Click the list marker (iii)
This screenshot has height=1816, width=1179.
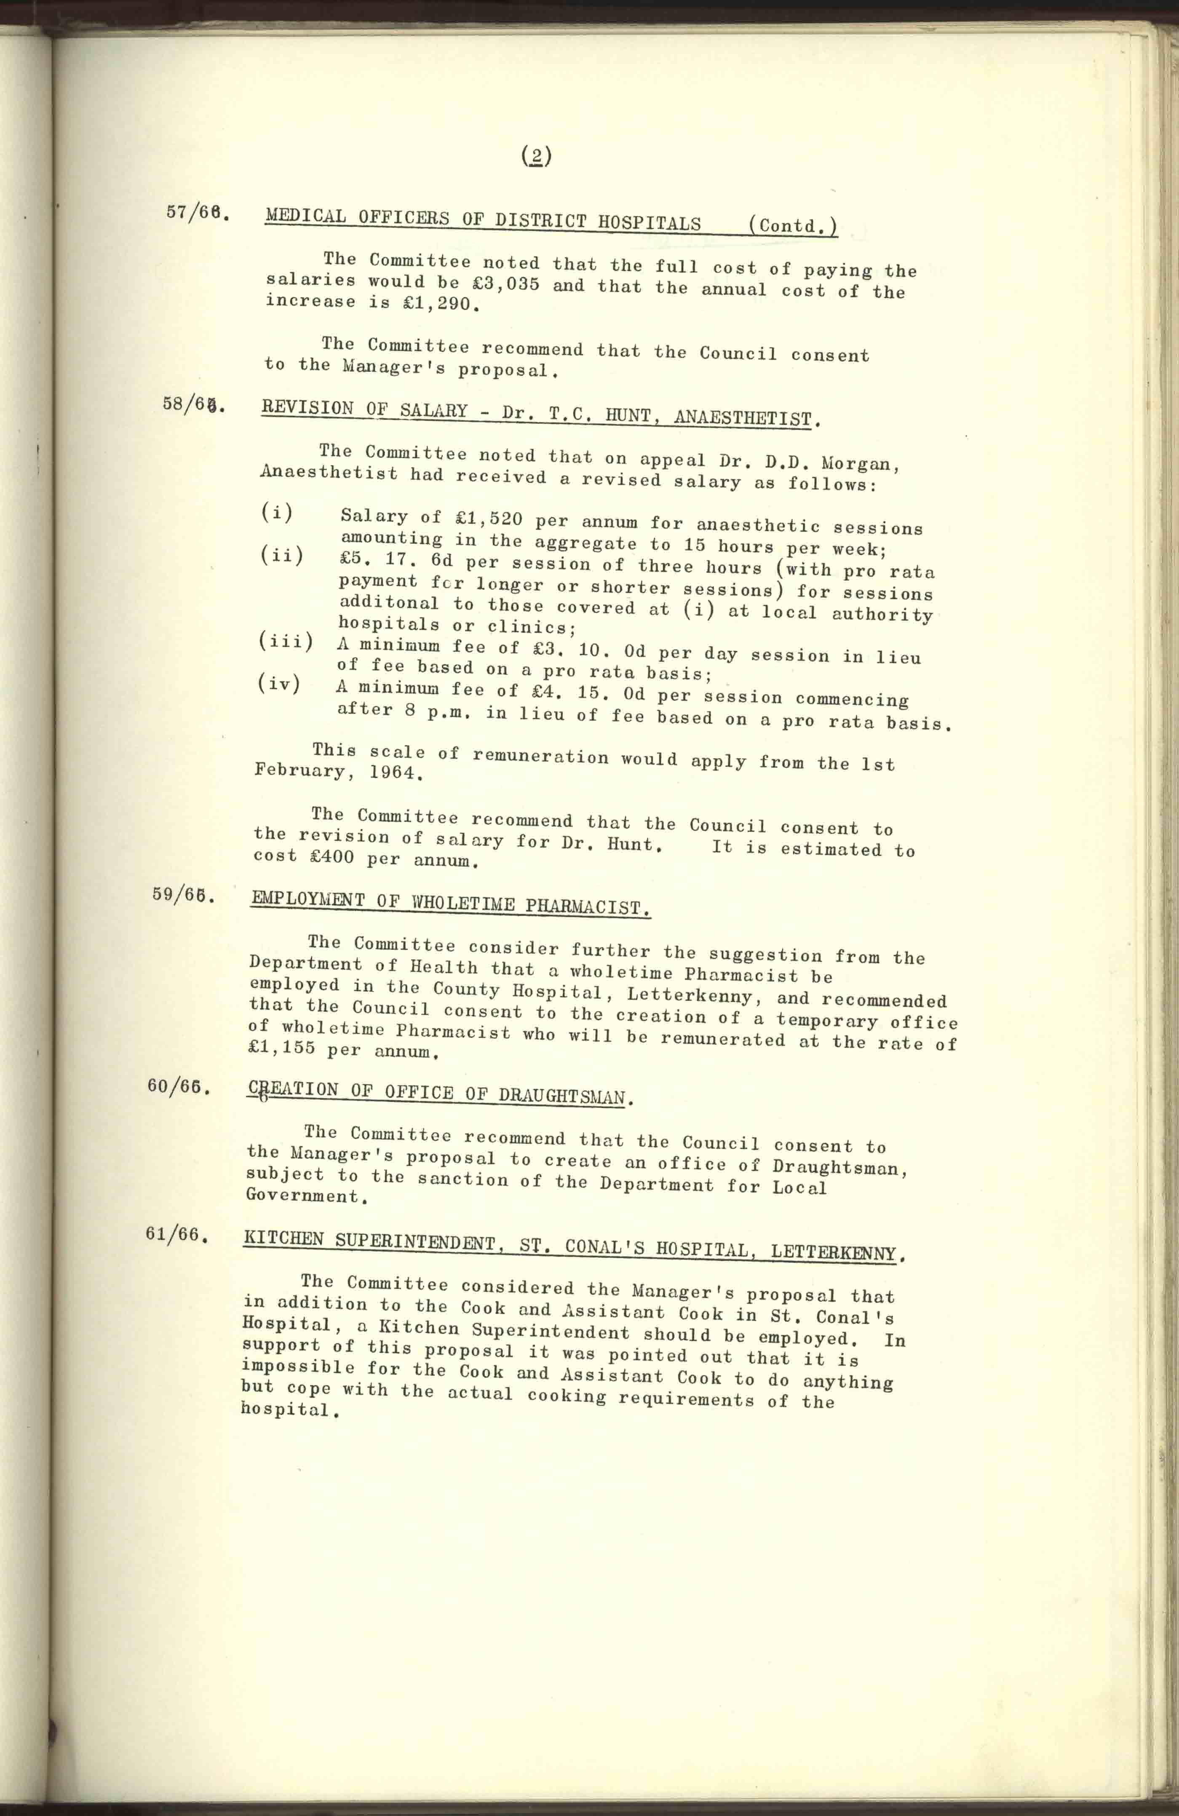tap(286, 642)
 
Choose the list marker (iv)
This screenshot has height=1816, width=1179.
tap(279, 683)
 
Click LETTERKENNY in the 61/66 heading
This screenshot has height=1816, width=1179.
tap(833, 1252)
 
